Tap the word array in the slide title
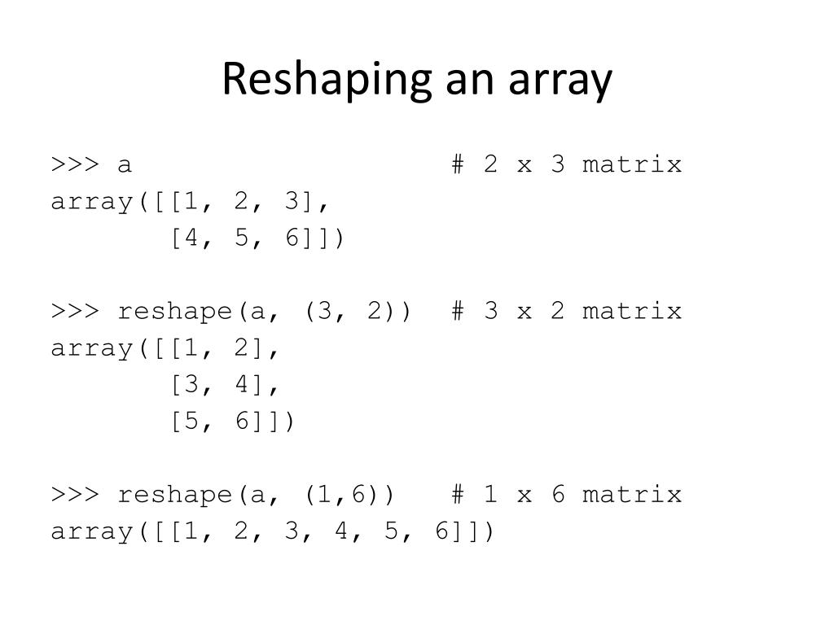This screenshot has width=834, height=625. [561, 81]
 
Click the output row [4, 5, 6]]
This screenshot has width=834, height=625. [257, 239]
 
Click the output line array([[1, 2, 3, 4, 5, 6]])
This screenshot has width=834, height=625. [272, 532]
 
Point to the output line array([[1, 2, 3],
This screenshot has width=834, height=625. [194, 202]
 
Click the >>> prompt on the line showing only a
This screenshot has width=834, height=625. [74, 165]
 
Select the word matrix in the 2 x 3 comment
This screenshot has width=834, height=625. [632, 165]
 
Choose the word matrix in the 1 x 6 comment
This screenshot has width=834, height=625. [632, 495]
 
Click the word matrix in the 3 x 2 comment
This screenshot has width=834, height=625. [632, 312]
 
